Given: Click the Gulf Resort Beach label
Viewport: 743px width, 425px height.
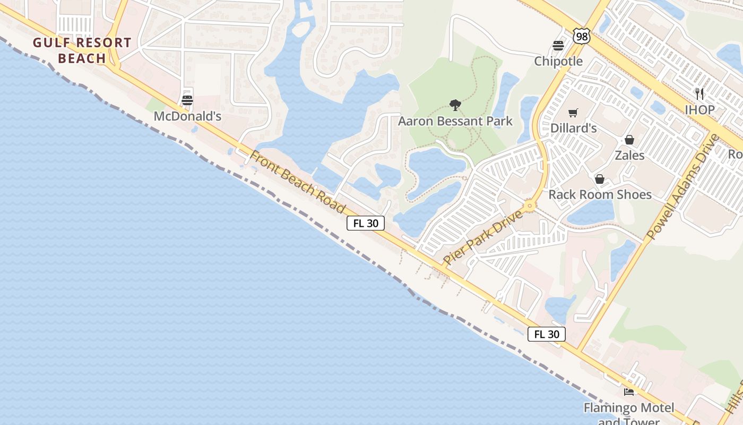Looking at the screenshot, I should tap(82, 50).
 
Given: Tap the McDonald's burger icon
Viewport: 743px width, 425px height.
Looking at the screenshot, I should tap(187, 100).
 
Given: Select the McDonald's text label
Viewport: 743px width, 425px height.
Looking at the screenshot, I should tap(187, 116).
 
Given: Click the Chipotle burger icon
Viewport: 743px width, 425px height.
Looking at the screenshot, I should tap(558, 46).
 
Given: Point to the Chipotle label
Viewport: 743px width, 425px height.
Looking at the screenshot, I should tap(558, 61).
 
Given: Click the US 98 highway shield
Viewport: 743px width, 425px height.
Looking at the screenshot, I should tap(582, 36).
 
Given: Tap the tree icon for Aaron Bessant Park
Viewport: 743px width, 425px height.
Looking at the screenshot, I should tap(455, 105).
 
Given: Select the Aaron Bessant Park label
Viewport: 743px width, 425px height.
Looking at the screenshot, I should tap(455, 121).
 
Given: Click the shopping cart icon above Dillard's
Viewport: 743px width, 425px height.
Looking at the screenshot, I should tap(573, 113).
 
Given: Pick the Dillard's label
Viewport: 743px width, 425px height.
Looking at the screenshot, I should tap(574, 128).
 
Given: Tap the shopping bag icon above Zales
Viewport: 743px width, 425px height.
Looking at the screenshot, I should tap(629, 140).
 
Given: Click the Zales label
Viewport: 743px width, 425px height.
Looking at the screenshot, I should tap(629, 155).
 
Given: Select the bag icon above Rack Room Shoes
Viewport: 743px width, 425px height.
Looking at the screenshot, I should tap(600, 179).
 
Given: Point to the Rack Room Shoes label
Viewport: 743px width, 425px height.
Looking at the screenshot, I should tap(600, 194).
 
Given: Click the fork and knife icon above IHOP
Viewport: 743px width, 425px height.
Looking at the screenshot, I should tap(699, 94).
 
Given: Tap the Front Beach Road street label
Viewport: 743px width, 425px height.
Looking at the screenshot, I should tap(297, 182).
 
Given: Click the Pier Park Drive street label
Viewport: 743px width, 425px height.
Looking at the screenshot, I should tap(483, 237).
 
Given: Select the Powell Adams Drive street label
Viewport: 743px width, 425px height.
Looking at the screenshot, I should tap(682, 186).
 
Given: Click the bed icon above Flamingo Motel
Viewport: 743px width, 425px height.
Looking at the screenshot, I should tap(629, 392).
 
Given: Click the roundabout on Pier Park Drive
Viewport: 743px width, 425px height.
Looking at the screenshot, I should tap(529, 206).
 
